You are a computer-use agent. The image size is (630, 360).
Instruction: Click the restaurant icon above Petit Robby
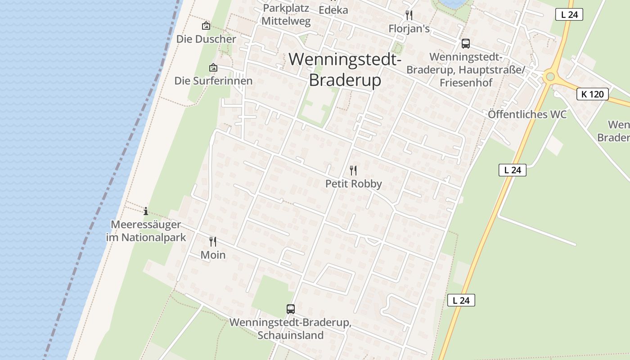[x=353, y=171]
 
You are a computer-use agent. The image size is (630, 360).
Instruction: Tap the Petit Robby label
[x=353, y=184]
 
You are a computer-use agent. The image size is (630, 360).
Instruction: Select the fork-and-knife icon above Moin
[x=213, y=242]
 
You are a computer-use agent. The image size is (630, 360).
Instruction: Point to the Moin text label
[x=213, y=255]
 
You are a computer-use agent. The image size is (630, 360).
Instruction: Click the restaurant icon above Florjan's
[x=409, y=15]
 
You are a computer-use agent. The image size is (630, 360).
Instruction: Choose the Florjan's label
[x=409, y=29]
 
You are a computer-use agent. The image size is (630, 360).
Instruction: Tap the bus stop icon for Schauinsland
[x=291, y=309]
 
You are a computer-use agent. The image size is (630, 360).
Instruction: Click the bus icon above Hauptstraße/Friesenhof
[x=465, y=44]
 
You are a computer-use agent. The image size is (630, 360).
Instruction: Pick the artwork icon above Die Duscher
[x=206, y=26]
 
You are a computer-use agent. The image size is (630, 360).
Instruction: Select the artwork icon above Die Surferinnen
[x=213, y=68]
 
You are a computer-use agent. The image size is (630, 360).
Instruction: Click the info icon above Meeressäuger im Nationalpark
[x=146, y=211]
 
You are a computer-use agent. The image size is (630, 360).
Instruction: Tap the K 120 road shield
[x=592, y=94]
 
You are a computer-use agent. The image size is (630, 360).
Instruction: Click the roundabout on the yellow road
[x=549, y=77]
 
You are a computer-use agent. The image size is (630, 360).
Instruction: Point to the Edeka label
[x=333, y=10]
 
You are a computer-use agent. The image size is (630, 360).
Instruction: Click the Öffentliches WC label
[x=527, y=114]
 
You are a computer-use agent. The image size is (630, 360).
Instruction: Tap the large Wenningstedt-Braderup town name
[x=345, y=69]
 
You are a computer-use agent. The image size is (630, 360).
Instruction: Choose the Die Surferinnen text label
[x=213, y=81]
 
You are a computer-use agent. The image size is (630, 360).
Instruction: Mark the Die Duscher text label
[x=206, y=39]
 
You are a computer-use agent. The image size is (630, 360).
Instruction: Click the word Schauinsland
[x=290, y=335]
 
